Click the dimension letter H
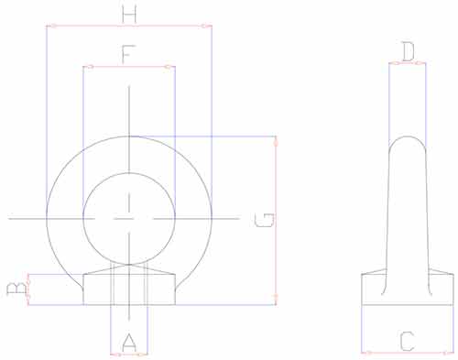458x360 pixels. pos(129,15)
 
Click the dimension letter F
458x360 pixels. pos(128,54)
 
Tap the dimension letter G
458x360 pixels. pos(265,220)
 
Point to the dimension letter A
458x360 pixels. pos(129,343)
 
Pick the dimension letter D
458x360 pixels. pos(408,52)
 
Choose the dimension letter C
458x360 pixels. pos(408,342)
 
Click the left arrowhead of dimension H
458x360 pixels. pos(50,27)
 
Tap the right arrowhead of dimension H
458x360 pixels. pos(207,27)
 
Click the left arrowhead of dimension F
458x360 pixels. pos(88,67)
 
